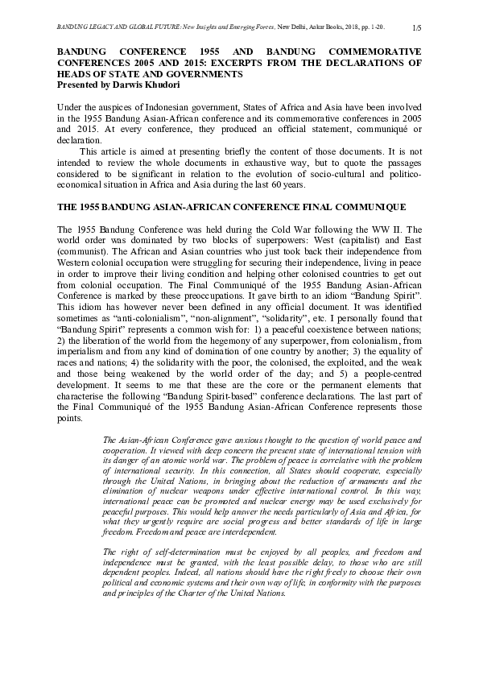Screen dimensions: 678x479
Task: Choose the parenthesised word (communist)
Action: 83,253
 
